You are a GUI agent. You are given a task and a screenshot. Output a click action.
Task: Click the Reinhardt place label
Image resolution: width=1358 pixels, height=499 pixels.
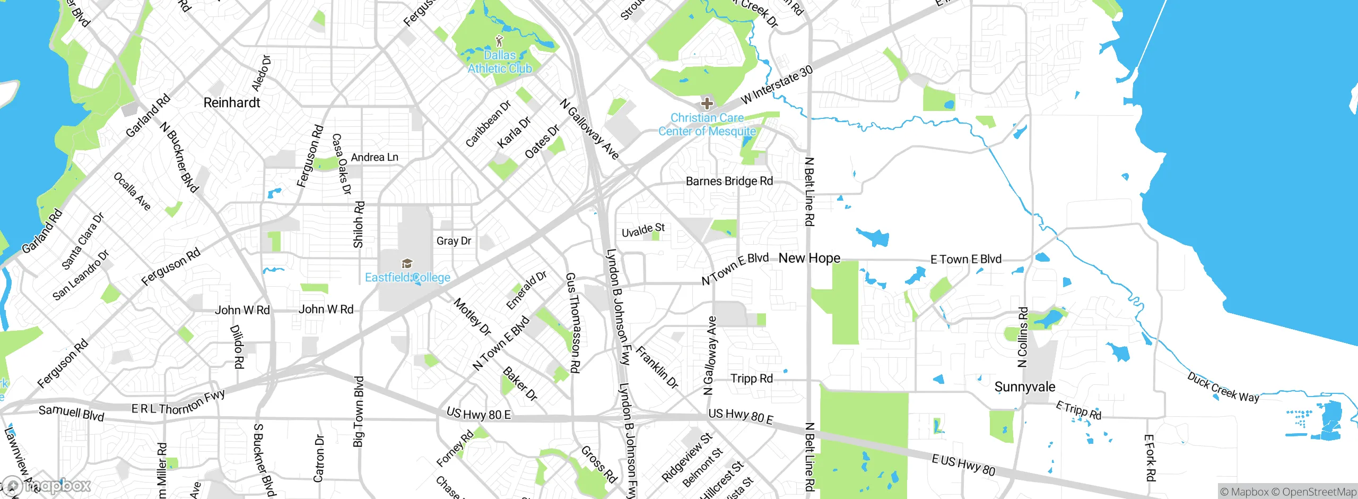pyautogui.click(x=232, y=102)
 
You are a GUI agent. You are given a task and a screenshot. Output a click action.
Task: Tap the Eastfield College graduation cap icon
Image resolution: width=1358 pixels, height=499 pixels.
pyautogui.click(x=407, y=263)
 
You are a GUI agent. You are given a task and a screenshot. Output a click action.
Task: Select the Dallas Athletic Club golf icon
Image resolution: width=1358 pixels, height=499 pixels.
pyautogui.click(x=499, y=40)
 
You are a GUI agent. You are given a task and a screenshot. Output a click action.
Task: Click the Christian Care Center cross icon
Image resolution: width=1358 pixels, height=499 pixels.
pyautogui.click(x=707, y=103)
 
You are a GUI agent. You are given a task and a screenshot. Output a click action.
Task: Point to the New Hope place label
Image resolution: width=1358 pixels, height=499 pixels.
pyautogui.click(x=809, y=258)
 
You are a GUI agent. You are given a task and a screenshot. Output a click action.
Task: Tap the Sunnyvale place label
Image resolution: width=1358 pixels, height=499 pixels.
pyautogui.click(x=1024, y=386)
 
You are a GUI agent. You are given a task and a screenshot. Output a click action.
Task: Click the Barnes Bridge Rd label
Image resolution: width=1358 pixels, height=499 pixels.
pyautogui.click(x=729, y=181)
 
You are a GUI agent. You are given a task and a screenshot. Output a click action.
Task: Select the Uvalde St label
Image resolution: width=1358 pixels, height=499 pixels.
pyautogui.click(x=643, y=230)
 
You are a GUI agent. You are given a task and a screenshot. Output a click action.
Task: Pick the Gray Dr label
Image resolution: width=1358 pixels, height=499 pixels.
pyautogui.click(x=454, y=240)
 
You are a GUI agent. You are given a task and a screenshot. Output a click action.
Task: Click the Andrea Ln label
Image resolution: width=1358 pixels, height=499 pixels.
pyautogui.click(x=375, y=157)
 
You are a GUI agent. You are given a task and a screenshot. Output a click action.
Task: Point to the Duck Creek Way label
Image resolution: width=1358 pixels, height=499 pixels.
pyautogui.click(x=1223, y=387)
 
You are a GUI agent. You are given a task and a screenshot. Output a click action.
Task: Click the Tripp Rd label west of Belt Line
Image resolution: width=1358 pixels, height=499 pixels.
pyautogui.click(x=751, y=378)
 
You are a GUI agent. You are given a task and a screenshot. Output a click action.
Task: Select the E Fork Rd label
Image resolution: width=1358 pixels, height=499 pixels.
pyautogui.click(x=1149, y=458)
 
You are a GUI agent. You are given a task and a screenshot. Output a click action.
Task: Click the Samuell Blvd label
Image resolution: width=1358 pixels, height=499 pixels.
pyautogui.click(x=71, y=412)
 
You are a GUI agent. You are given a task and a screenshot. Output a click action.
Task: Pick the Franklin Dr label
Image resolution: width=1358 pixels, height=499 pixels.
pyautogui.click(x=657, y=367)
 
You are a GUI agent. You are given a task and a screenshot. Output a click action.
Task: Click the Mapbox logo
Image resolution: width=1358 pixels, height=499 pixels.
pyautogui.click(x=47, y=485)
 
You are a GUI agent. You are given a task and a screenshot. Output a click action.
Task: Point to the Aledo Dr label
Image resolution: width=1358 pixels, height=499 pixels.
pyautogui.click(x=261, y=73)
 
